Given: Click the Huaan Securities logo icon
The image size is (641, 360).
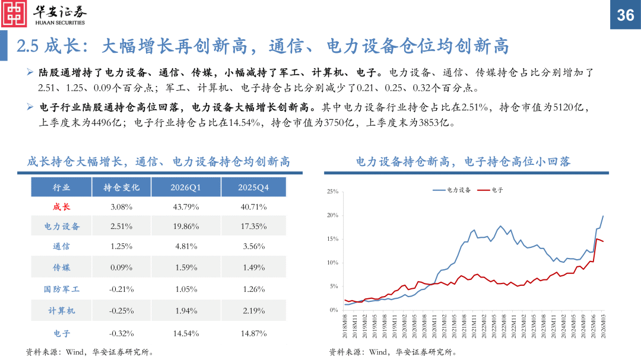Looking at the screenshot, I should point(14,13).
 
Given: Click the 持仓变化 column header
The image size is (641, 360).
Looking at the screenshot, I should point(122,187).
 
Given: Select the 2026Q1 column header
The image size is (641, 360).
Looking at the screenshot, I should point(186,187).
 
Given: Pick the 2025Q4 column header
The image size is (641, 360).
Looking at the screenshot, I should point(253,187).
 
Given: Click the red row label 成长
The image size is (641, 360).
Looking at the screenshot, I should point(62,207).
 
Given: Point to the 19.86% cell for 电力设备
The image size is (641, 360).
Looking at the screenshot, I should point(186,227).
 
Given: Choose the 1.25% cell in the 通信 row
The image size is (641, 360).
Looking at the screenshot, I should point(122,247).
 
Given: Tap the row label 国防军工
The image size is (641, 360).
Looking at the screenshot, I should point(62,289).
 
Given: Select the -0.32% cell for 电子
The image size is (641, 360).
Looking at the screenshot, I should point(122,333).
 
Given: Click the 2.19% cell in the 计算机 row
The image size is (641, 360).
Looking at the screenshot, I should point(253,311).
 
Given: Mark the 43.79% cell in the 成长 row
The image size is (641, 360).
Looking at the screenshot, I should point(186,207).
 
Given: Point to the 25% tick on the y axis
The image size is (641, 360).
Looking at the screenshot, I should point(332,192).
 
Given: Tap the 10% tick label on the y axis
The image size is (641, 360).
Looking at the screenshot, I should point(332,263).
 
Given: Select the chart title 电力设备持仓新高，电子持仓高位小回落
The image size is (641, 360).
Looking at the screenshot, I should point(464,161).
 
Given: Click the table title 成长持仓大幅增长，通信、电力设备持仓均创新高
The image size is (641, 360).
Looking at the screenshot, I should point(158,161).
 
